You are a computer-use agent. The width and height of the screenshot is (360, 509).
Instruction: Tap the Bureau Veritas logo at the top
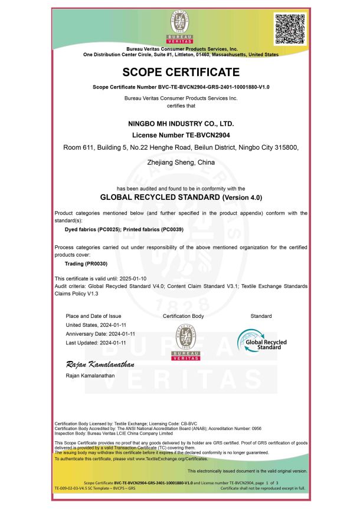coord(181,27)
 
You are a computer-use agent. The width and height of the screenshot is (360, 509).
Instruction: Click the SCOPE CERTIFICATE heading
coord(181,73)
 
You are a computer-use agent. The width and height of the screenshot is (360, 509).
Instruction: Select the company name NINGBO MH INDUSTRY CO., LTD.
coord(181,124)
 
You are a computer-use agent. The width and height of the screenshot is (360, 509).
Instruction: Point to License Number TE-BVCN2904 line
coord(181,135)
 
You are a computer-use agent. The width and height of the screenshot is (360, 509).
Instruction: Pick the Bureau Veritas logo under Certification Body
coord(182,343)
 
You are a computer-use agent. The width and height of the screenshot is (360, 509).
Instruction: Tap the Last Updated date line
coord(96,342)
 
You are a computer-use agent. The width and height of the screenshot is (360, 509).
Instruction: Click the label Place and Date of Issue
coord(93,316)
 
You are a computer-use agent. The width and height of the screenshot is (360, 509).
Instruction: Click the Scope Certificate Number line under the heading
coord(181,87)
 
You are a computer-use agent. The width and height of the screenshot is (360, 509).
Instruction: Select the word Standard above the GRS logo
coord(261,316)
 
